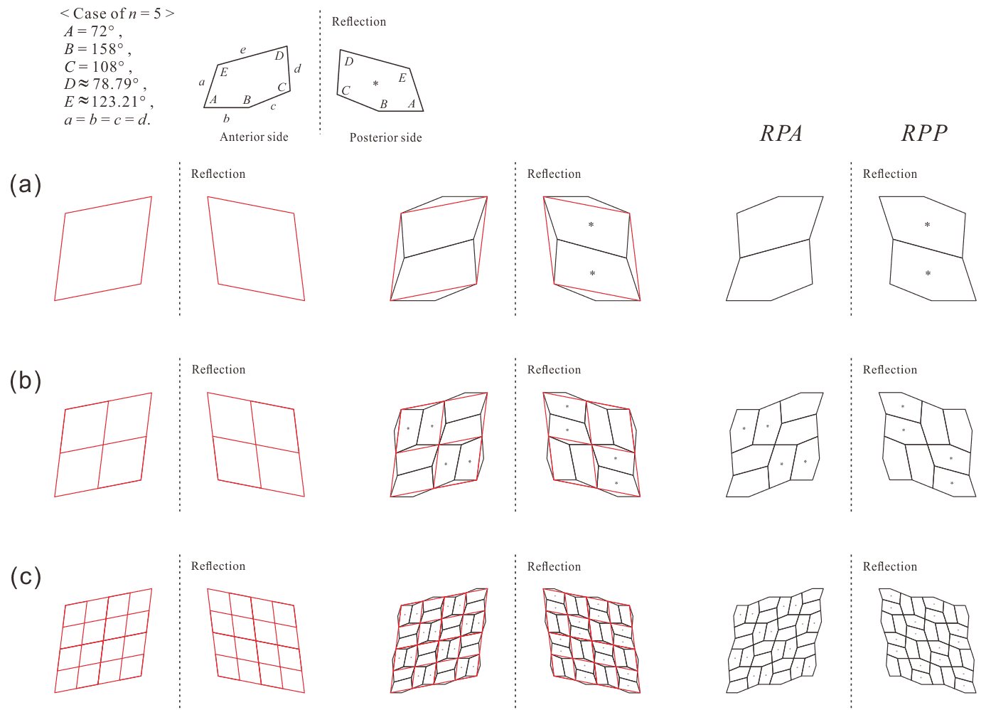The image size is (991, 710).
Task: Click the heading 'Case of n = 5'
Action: click(x=117, y=14)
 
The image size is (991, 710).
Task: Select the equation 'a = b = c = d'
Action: click(x=107, y=120)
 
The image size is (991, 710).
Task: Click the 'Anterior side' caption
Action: click(x=254, y=137)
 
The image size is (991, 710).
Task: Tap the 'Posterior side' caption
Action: click(x=386, y=137)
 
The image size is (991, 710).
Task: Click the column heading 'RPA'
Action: click(x=781, y=133)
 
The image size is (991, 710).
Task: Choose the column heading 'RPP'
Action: click(x=924, y=133)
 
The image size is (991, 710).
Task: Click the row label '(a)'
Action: click(x=26, y=184)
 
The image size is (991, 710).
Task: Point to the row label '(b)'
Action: click(x=26, y=381)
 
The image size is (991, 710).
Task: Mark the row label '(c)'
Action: click(x=26, y=577)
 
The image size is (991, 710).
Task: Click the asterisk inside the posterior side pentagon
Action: click(x=375, y=83)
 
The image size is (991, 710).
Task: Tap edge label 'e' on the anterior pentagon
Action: click(x=243, y=50)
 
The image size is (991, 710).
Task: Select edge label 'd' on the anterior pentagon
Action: click(x=298, y=68)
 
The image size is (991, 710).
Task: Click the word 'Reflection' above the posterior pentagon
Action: click(x=359, y=21)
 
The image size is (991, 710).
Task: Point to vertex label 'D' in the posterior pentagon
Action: click(x=349, y=61)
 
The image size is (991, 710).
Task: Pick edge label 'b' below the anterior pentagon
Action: click(x=226, y=118)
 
